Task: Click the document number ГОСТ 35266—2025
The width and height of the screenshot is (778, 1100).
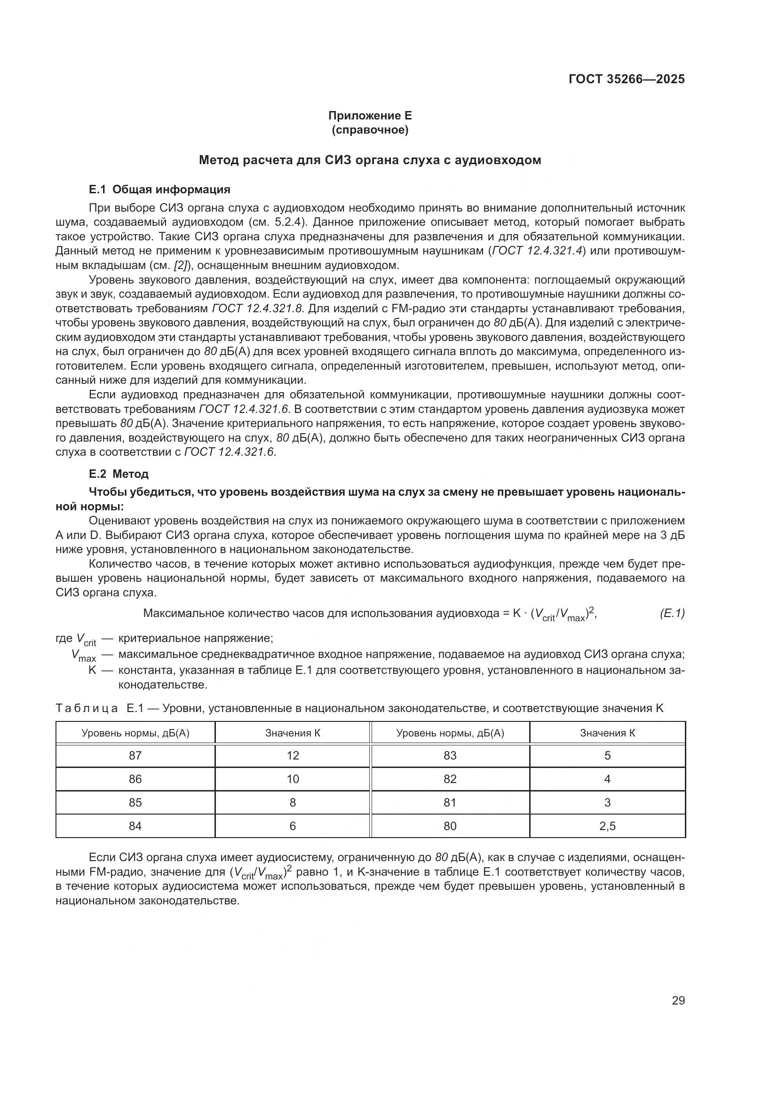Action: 626,79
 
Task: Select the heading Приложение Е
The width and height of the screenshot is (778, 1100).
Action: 370,116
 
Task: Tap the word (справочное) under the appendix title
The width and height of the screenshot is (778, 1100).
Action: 370,130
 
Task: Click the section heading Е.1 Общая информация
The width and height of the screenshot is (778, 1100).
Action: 159,189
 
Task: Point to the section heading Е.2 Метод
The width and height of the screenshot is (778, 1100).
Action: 119,474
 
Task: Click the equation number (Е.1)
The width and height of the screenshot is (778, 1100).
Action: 672,613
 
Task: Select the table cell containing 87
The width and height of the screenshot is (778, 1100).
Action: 135,756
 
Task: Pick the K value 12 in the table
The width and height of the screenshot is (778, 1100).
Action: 293,756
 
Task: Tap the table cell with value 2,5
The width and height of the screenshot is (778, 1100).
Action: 607,826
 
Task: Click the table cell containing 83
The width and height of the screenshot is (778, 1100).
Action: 450,756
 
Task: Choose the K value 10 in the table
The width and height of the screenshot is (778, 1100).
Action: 293,779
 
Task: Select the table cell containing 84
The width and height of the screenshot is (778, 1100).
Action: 135,826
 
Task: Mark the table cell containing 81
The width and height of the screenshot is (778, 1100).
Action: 450,802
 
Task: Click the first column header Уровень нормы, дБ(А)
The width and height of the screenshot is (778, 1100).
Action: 135,733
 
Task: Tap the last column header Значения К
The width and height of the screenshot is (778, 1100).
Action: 607,733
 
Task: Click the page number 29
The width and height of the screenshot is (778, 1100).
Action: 678,1000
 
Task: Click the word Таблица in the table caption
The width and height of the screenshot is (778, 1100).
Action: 87,708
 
